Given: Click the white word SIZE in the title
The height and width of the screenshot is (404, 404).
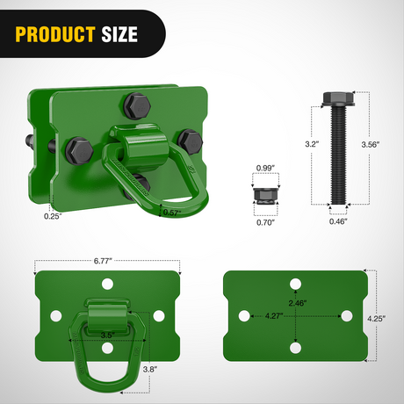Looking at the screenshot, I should [119, 35].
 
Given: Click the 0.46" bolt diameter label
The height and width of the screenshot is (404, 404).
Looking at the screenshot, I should [337, 222].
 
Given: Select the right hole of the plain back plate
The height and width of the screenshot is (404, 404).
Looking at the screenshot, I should [347, 315].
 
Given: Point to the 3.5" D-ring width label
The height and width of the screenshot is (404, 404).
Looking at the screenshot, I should [107, 335].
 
